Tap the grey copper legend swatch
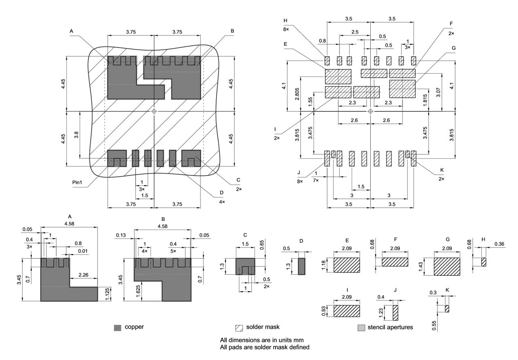click(118, 327)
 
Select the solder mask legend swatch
click(238, 327)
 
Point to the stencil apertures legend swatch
click(361, 327)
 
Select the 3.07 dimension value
click(439, 93)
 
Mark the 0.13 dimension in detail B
click(120, 235)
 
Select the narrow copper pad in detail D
click(301, 266)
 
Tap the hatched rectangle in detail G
click(447, 266)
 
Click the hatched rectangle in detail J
click(395, 313)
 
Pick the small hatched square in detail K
click(447, 309)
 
